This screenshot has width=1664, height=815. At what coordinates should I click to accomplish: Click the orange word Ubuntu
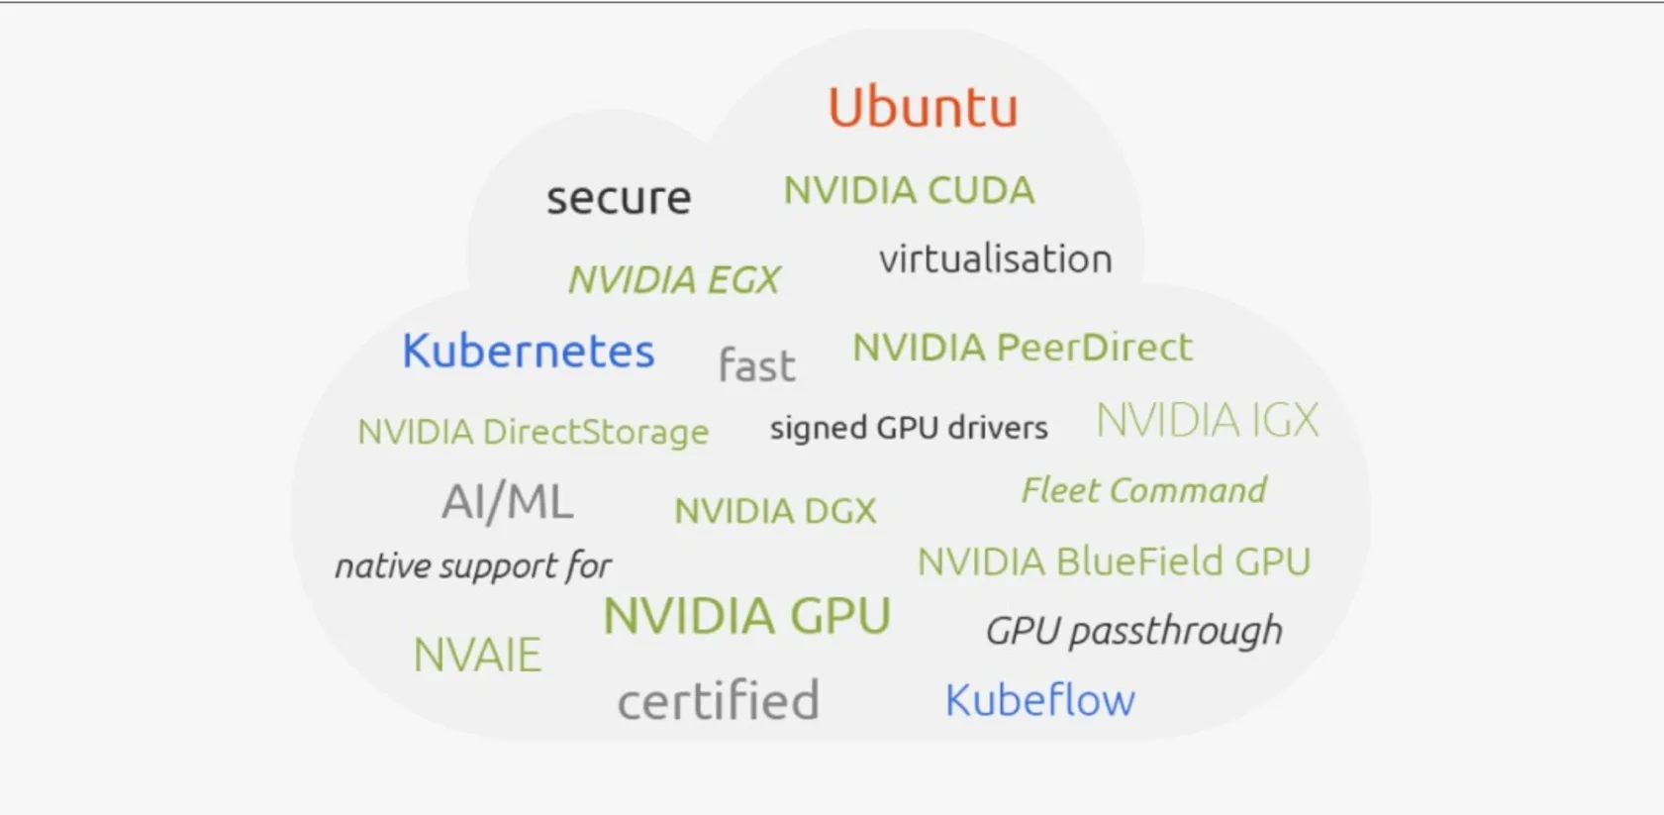coord(923,107)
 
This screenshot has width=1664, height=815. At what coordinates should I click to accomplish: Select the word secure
coord(619,198)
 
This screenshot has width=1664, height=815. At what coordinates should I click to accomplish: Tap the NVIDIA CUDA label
coord(909,190)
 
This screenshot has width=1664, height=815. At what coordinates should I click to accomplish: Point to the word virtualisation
coord(995,259)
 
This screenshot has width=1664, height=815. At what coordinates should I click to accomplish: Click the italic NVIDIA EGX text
coord(674,280)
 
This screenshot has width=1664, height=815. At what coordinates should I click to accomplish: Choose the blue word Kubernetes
coord(528,351)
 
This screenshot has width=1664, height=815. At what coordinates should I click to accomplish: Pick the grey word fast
coord(756,365)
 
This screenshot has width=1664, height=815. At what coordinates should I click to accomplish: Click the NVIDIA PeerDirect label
coord(1023,348)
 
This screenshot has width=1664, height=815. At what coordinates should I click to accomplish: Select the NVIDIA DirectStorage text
coord(533,432)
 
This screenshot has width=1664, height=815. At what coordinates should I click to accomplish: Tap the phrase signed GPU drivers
coord(908,428)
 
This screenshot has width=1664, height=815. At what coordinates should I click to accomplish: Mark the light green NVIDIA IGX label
coord(1207,420)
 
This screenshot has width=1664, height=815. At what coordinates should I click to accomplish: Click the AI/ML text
coord(507,501)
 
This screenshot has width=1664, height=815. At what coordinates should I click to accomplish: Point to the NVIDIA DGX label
coord(775,511)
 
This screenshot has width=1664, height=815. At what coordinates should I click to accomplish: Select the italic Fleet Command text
coord(1143,490)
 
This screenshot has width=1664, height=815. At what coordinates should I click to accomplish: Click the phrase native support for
coord(472,566)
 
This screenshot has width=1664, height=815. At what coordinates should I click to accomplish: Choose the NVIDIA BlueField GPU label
coord(1114,561)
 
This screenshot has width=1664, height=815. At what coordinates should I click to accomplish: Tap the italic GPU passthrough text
coord(1133,631)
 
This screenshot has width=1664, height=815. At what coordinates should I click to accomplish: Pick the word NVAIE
coord(477,655)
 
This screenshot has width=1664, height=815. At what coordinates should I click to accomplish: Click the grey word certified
coord(718,701)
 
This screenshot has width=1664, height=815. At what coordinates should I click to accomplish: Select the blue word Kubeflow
coord(1039,700)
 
